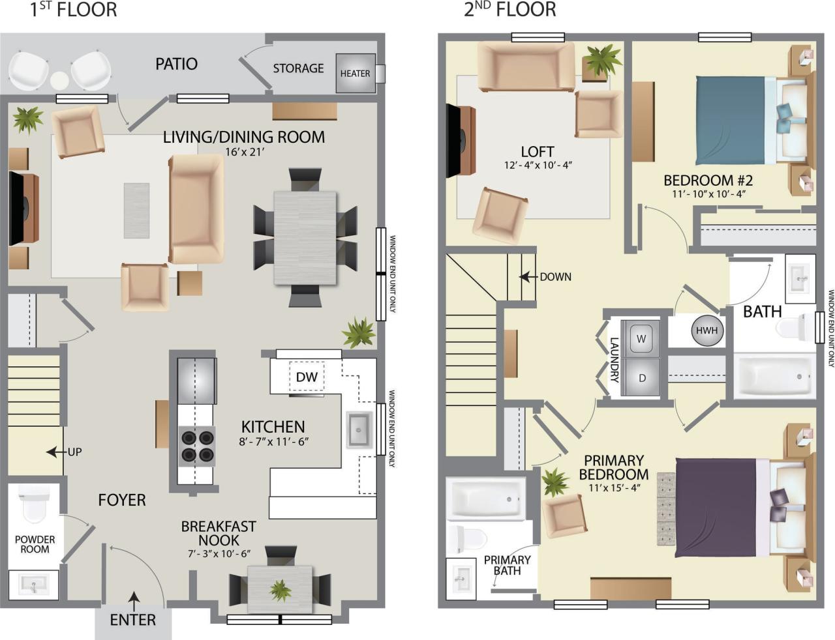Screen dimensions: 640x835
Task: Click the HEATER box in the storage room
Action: [356, 73]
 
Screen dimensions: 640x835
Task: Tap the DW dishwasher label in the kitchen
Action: [306, 377]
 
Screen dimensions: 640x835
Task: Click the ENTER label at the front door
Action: [132, 620]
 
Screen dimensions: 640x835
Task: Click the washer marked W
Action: [641, 339]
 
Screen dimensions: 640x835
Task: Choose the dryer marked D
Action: [641, 378]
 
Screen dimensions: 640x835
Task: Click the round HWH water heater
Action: [706, 330]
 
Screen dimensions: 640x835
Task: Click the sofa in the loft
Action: [526, 66]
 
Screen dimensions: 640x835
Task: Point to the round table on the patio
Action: [59, 80]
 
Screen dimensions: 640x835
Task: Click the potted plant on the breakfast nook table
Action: [281, 590]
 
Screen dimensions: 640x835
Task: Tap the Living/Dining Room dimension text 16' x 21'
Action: [244, 152]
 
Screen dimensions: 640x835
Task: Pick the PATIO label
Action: [176, 64]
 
